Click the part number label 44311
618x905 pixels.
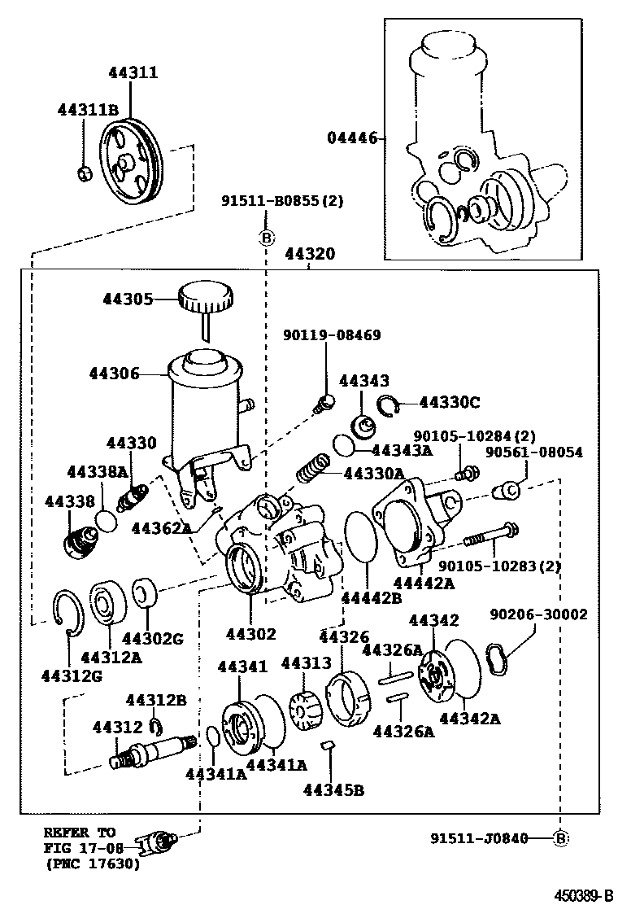click(x=133, y=73)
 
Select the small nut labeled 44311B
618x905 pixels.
click(x=82, y=173)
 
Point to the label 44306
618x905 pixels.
click(x=114, y=374)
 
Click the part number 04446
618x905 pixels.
click(x=352, y=138)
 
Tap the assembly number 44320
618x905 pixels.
click(x=309, y=254)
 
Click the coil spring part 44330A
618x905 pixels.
click(x=313, y=470)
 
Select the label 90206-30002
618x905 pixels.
click(x=538, y=615)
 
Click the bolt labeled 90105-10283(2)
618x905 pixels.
click(x=490, y=536)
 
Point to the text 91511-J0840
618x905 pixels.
click(x=477, y=837)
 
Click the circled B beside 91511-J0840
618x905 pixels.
click(x=560, y=837)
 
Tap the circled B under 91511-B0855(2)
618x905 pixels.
click(x=265, y=238)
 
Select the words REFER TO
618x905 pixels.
click(x=79, y=833)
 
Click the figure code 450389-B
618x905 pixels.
click(x=583, y=895)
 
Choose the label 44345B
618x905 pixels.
click(x=333, y=788)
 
